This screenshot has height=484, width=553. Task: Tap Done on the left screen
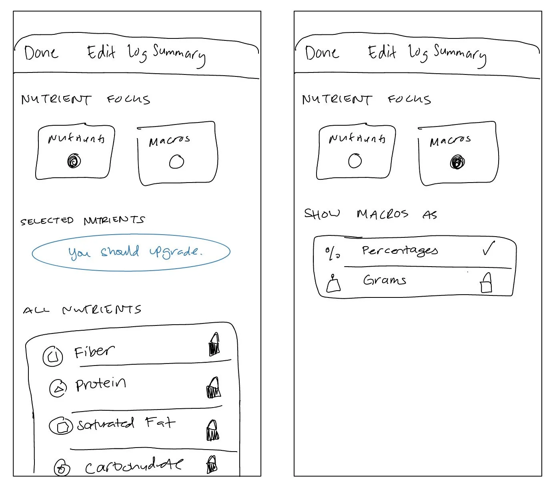41,53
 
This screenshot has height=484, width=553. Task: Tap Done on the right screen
322,53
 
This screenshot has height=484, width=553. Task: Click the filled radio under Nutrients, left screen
74,161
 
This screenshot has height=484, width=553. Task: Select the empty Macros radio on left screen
176,162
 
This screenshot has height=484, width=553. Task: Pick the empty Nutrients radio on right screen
355,161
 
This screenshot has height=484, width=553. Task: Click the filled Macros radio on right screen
457,163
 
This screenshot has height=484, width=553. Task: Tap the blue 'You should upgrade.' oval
131,252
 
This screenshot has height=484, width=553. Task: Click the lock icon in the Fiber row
214,345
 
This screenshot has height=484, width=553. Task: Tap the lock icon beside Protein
214,388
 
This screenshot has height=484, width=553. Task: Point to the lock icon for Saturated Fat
213,430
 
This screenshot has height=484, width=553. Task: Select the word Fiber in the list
94,352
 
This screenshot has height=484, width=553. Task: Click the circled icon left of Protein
58,388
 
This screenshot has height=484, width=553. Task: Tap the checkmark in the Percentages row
488,249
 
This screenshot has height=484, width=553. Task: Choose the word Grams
385,280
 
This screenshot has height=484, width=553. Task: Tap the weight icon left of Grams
333,284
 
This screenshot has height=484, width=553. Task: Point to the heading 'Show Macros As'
371,214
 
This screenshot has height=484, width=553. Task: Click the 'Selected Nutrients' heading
82,221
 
